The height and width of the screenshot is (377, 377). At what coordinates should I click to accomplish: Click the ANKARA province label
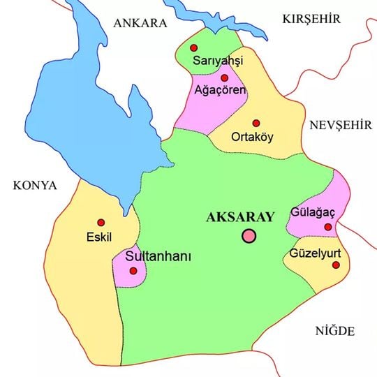[x=140, y=22]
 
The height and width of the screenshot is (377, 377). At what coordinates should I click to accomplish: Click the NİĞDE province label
[x=335, y=330]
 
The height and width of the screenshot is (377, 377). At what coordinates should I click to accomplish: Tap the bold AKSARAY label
[x=241, y=217]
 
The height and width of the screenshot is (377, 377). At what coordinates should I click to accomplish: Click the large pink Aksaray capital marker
[x=249, y=236]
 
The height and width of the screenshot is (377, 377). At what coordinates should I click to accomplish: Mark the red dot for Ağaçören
[x=225, y=77]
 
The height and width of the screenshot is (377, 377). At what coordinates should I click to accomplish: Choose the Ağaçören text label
[x=219, y=91]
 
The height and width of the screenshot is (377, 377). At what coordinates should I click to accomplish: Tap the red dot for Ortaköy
[x=256, y=123]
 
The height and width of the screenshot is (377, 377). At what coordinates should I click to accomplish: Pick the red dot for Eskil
[x=101, y=222]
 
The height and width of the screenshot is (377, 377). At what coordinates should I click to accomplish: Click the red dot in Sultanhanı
[x=133, y=270]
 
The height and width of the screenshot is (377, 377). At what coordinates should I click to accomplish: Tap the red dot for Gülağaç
[x=328, y=226]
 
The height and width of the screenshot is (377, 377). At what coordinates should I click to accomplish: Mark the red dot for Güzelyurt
[x=336, y=265]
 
